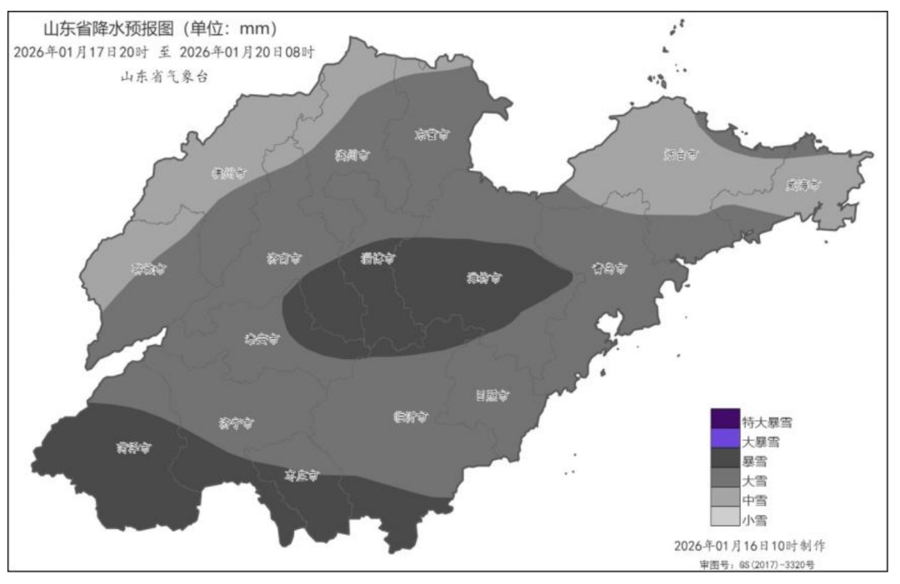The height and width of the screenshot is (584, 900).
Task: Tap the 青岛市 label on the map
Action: click(x=609, y=269)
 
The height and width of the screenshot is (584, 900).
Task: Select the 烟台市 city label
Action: click(x=681, y=155)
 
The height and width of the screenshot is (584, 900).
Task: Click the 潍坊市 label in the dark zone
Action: click(x=484, y=279)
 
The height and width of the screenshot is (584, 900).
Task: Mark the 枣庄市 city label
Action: click(x=302, y=477)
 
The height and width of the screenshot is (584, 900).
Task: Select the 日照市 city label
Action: click(x=492, y=396)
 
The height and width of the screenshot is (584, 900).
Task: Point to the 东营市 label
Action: click(x=431, y=134)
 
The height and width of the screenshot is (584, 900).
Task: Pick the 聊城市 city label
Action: click(x=148, y=269)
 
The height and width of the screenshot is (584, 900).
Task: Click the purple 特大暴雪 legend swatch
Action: click(x=725, y=419)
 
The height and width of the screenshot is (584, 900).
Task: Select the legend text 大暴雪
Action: click(x=760, y=442)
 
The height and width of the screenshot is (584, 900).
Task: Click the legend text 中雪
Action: click(x=754, y=500)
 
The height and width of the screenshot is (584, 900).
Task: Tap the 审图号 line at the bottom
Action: click(x=757, y=565)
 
